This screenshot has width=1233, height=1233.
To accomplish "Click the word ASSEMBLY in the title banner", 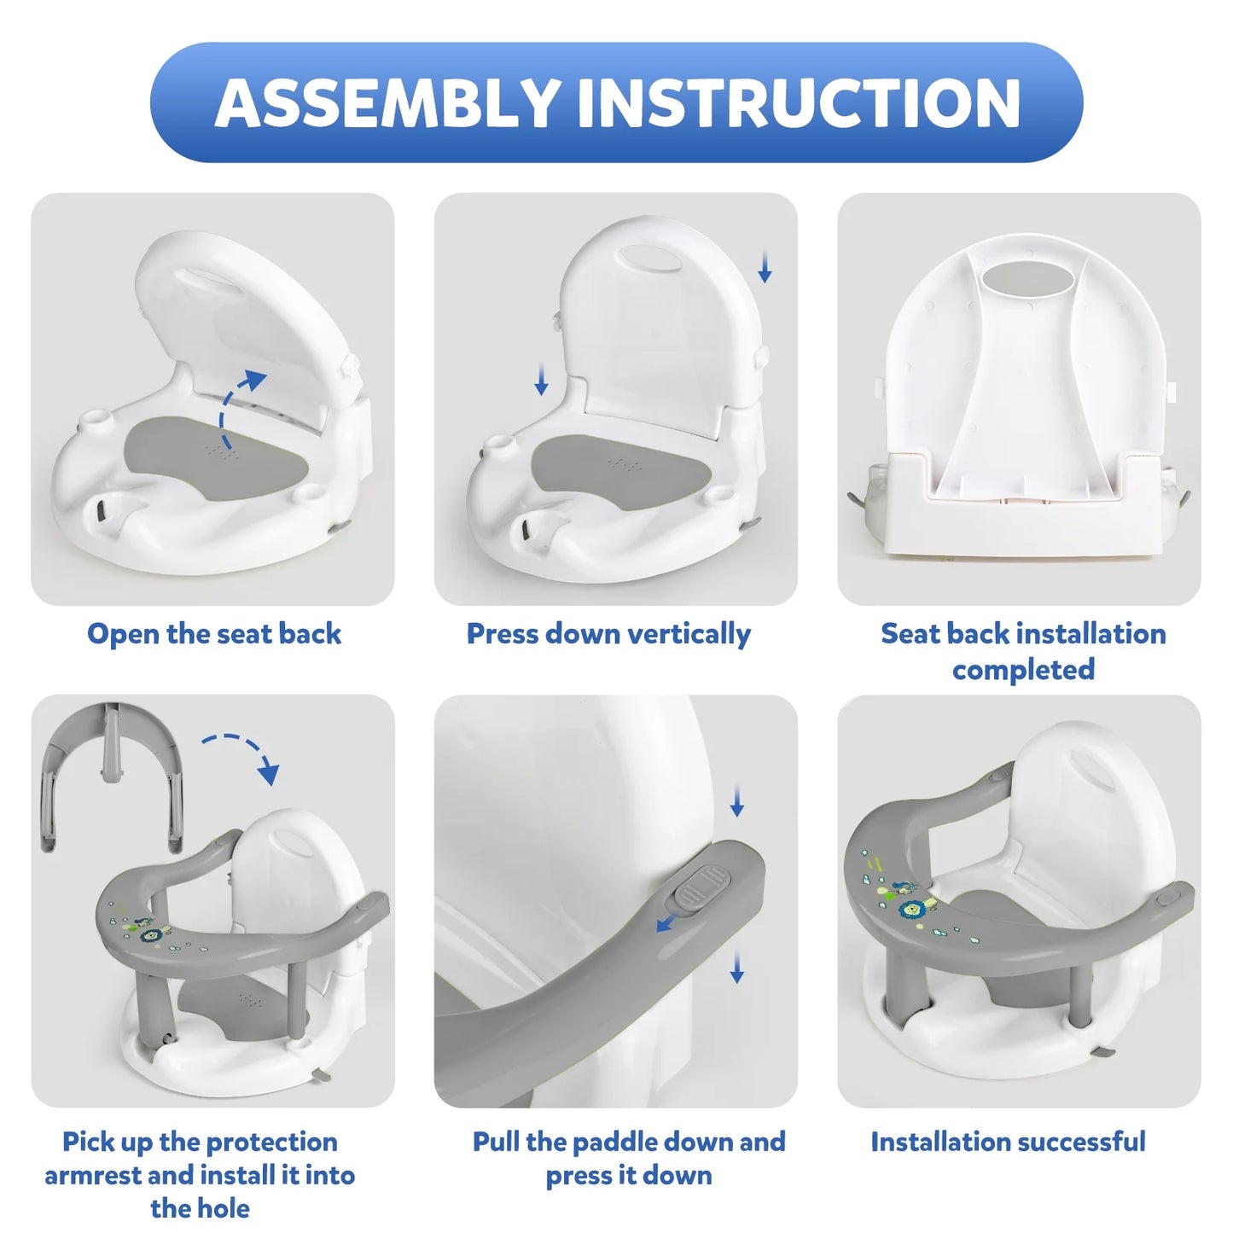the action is tap(387, 102).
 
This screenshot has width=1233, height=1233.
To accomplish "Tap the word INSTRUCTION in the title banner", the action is tap(798, 102).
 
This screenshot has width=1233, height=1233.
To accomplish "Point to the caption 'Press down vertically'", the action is tap(608, 634).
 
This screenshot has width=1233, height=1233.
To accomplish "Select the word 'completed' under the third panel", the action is tap(1023, 670).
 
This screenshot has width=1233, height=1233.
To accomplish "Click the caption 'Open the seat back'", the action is tap(213, 633).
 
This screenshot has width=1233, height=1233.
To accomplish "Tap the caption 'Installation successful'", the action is tap(1008, 1142).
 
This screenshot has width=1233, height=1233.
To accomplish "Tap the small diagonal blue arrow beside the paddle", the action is tap(669, 922).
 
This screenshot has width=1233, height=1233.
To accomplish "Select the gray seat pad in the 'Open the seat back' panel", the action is tap(218, 458).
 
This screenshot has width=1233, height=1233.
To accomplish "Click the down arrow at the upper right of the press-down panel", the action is tap(764, 267).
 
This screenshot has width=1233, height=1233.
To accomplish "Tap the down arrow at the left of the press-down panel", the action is tap(541, 380).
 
